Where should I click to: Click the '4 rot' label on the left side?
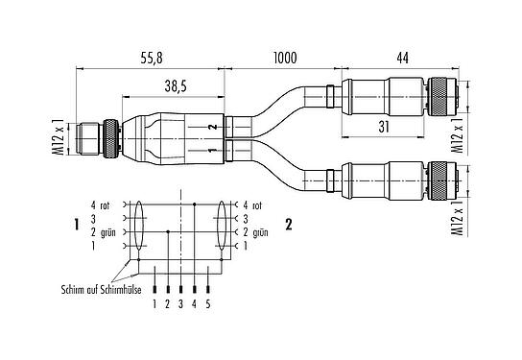click(101, 204)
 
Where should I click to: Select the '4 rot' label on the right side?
click(254, 204)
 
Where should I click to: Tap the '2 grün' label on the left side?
click(103, 231)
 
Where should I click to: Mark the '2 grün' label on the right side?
click(258, 231)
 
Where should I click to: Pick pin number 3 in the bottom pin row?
click(182, 303)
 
